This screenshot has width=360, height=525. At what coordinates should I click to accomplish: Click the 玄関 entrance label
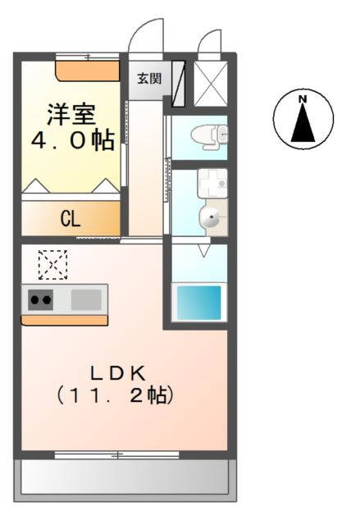[149, 79]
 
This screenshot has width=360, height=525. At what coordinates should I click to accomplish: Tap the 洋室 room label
[71, 115]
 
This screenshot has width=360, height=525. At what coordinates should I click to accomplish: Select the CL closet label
[71, 219]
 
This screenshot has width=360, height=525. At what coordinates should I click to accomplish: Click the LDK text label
[118, 373]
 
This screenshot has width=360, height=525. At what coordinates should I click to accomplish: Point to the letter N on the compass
[303, 99]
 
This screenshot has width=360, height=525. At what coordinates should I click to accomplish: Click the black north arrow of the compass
[303, 122]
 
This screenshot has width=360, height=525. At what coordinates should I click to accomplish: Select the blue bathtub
[199, 303]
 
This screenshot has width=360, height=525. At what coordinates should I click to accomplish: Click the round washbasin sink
[211, 217]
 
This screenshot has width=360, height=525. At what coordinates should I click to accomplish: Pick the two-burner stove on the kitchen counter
[40, 299]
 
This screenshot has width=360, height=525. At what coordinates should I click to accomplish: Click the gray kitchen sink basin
[86, 299]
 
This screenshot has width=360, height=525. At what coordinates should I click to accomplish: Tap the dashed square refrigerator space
[52, 264]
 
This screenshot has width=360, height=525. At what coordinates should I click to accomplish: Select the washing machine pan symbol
[212, 183]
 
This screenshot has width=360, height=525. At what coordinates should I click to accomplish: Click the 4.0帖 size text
[73, 140]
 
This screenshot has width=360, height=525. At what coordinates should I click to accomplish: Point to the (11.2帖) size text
[116, 395]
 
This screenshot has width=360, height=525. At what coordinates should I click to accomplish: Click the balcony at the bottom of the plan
[125, 480]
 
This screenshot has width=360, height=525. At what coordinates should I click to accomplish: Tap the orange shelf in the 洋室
[87, 71]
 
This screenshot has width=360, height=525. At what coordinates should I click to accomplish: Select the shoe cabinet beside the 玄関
[178, 84]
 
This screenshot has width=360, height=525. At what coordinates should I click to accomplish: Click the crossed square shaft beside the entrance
[211, 84]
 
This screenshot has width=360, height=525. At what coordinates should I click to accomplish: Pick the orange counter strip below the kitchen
[65, 320]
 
